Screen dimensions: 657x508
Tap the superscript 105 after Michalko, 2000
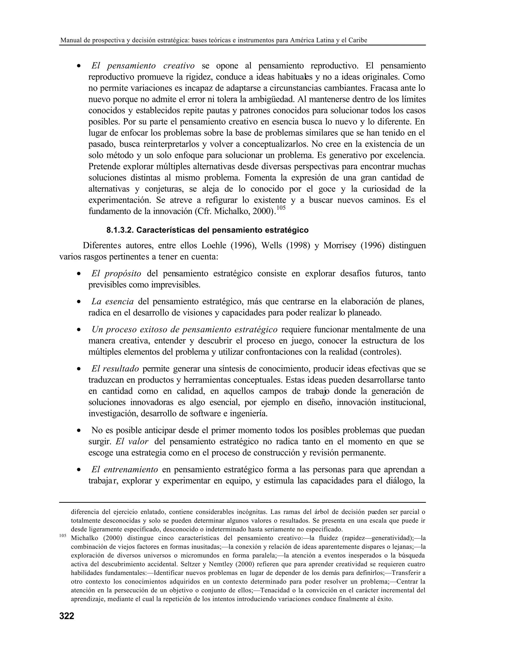[281, 208]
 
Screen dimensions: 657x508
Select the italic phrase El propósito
[116, 273]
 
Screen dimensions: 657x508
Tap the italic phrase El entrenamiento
[125, 470]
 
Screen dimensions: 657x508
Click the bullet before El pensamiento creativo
[79, 66]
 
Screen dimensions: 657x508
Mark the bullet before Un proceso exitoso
[79, 330]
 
